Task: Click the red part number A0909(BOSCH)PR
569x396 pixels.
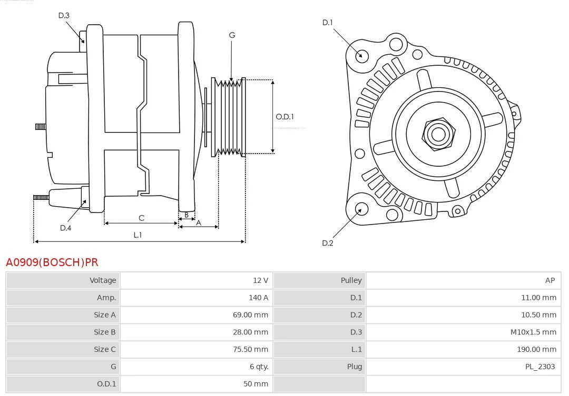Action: point(52,262)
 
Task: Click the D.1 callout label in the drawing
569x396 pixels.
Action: point(328,23)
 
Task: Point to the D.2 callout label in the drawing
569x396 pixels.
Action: point(328,243)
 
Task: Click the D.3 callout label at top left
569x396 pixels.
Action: point(64,16)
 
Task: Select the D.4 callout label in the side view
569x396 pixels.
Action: point(65,228)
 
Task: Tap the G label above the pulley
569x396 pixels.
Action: point(232,35)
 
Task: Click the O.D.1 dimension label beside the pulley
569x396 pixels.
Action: point(284,117)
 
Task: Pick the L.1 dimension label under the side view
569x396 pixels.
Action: point(138,235)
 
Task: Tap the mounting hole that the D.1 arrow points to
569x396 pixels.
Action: point(362,55)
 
